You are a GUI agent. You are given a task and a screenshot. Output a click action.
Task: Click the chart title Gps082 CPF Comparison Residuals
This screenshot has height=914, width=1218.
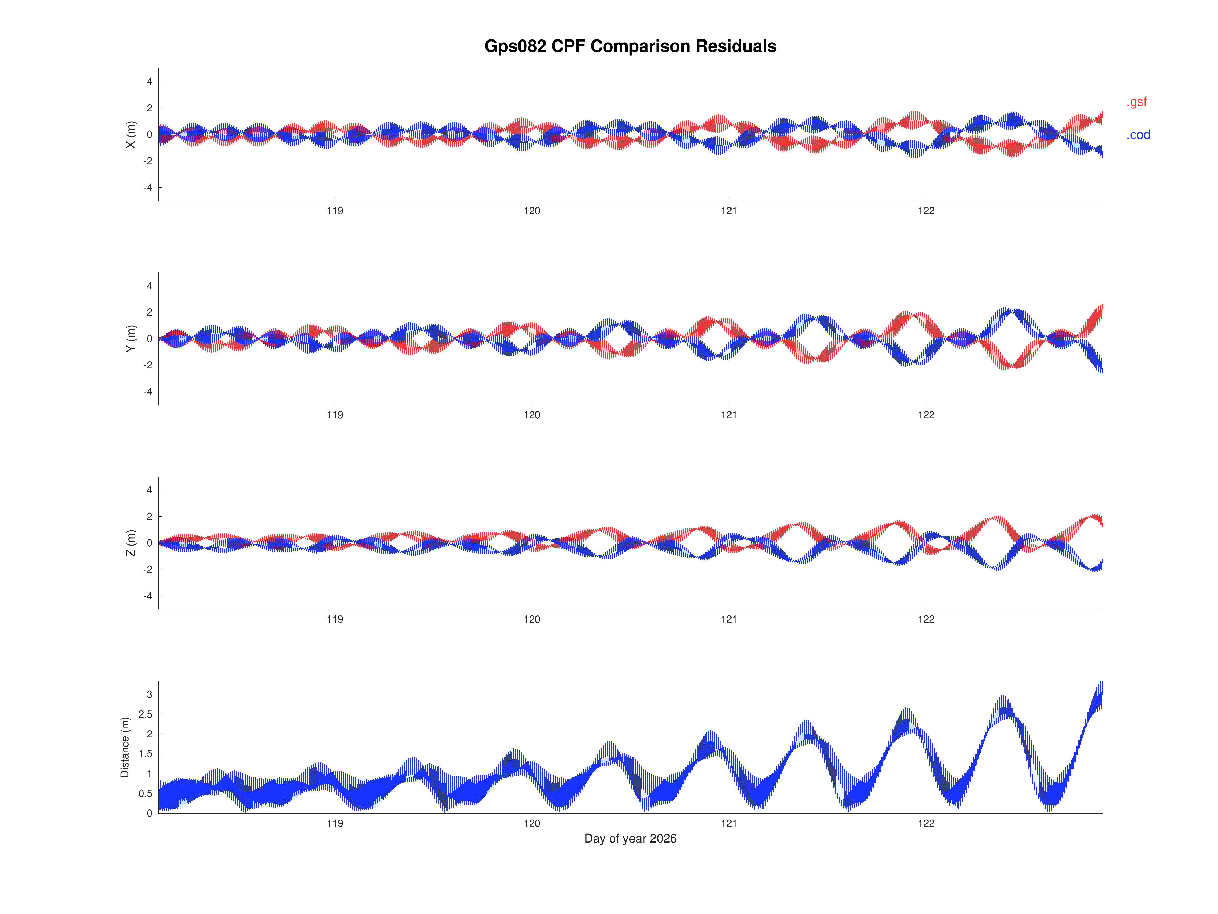pyautogui.click(x=630, y=46)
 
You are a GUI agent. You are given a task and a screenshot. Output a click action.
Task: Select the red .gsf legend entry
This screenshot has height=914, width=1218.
pyautogui.click(x=1136, y=102)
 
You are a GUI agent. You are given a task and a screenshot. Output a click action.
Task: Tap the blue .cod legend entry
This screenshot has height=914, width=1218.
pyautogui.click(x=1138, y=135)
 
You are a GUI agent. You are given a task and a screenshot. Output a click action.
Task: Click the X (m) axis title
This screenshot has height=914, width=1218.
pyautogui.click(x=131, y=134)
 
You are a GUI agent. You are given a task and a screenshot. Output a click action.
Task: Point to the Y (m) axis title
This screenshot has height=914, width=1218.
pyautogui.click(x=131, y=339)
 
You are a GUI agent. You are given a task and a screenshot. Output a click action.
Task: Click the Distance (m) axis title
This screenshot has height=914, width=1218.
pyautogui.click(x=125, y=747)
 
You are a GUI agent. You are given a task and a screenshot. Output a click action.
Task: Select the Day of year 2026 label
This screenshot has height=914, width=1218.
pyautogui.click(x=630, y=839)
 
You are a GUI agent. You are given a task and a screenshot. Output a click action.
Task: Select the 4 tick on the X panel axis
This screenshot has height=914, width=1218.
pyautogui.click(x=149, y=82)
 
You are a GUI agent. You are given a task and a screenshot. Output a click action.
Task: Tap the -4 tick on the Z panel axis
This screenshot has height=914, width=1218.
pyautogui.click(x=148, y=596)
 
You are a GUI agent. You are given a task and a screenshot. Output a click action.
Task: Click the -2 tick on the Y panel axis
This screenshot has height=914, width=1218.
pyautogui.click(x=148, y=365)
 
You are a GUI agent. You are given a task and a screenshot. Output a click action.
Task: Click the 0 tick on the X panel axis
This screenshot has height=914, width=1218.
pyautogui.click(x=149, y=134)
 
